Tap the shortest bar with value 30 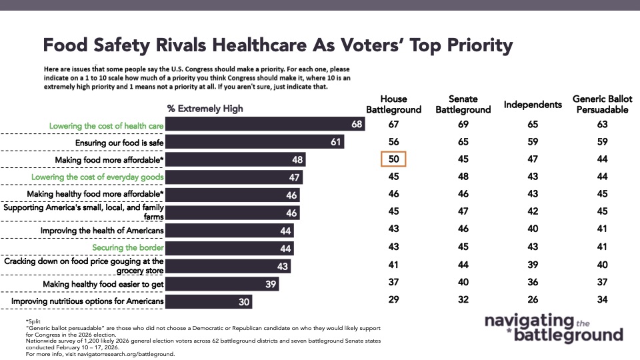[x=209, y=302]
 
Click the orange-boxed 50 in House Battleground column [x=393, y=159]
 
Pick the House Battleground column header [x=393, y=104]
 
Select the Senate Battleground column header [x=463, y=104]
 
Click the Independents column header [x=533, y=105]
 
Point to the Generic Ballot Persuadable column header [x=602, y=104]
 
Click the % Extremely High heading [x=205, y=109]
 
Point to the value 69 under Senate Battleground [x=463, y=125]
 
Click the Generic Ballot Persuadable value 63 [x=602, y=125]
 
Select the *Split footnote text [x=32, y=322]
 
